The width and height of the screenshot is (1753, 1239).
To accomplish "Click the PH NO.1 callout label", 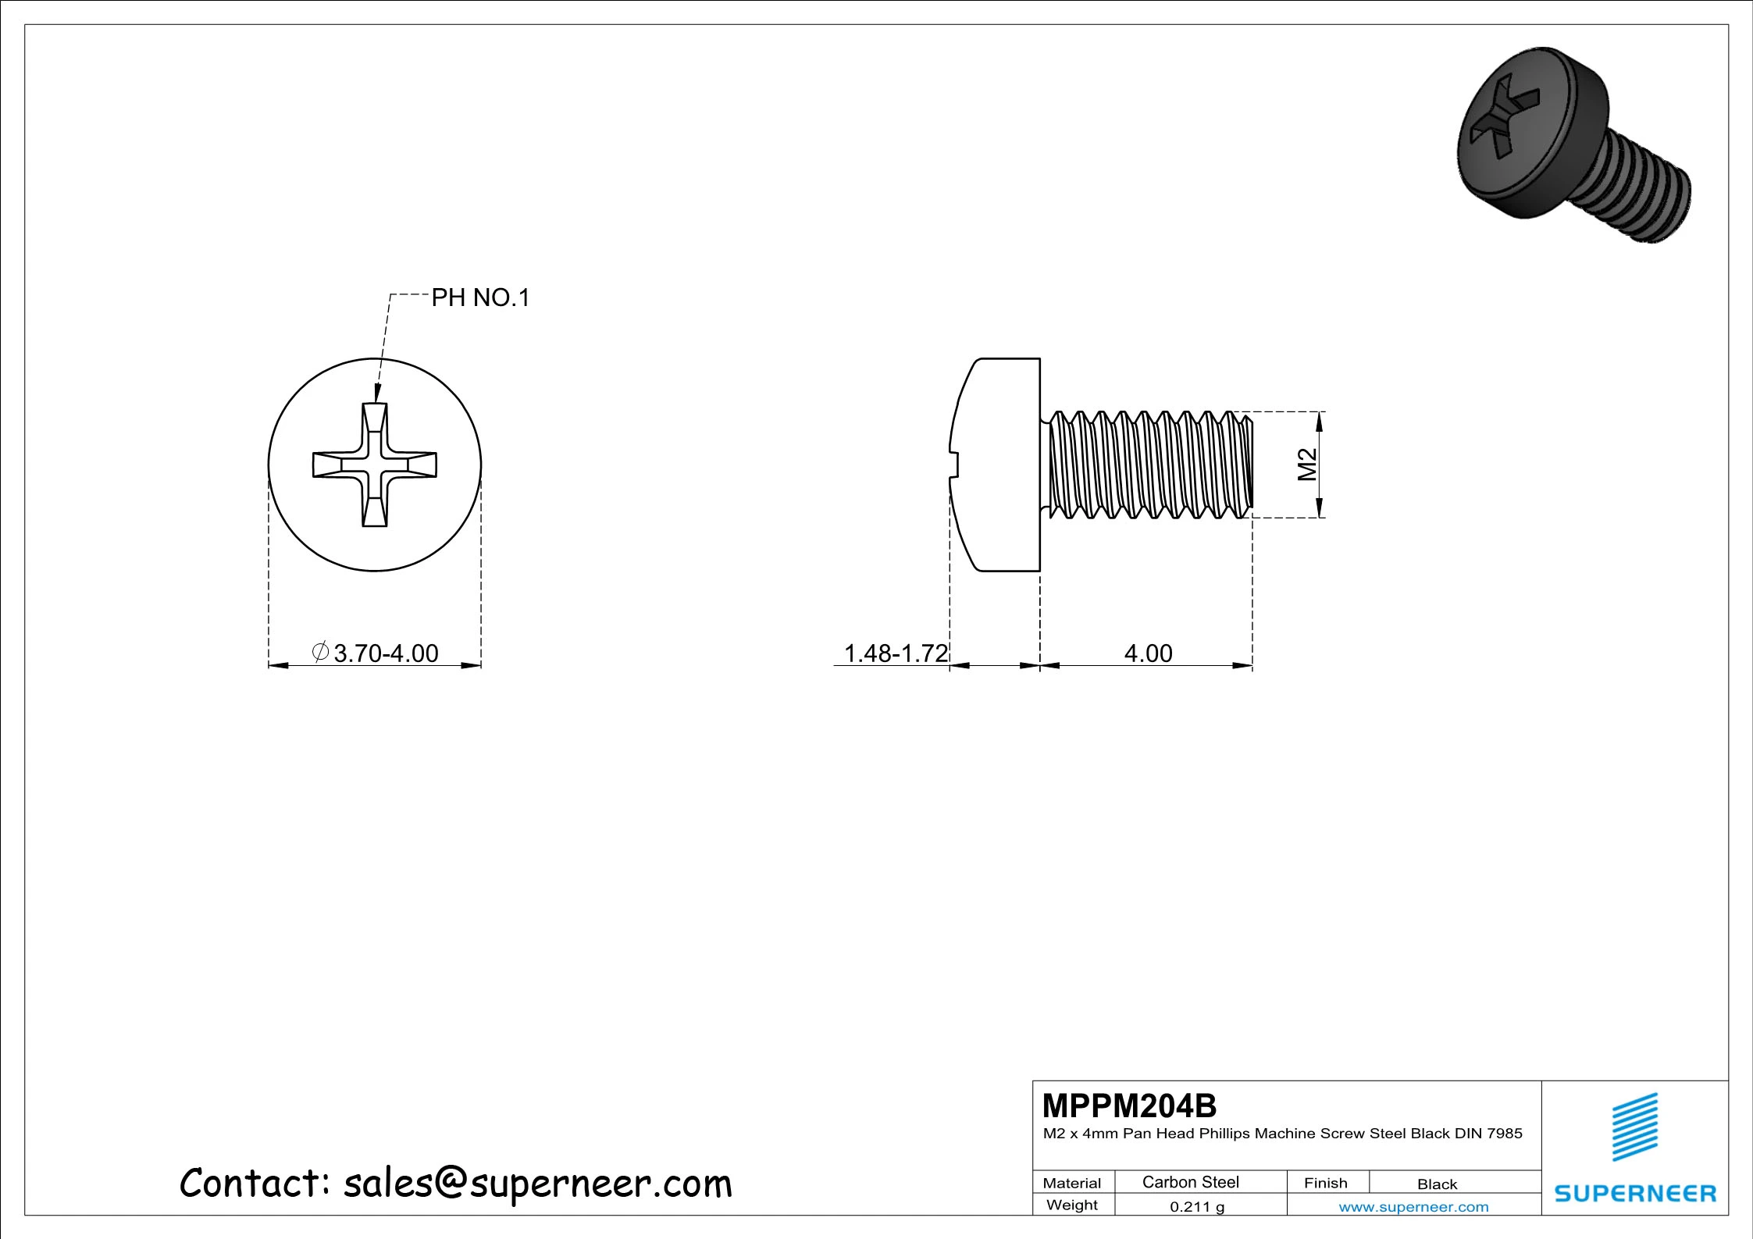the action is click(x=480, y=297).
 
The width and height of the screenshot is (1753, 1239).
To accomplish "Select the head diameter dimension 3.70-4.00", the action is click(x=386, y=653).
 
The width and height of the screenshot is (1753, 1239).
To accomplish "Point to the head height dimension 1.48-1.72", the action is click(x=896, y=653).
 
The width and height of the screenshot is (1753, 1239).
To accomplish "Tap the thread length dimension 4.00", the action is click(x=1148, y=653).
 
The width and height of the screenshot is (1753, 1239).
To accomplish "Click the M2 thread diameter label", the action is click(x=1307, y=465).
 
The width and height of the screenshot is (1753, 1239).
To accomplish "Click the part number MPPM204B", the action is click(x=1129, y=1105).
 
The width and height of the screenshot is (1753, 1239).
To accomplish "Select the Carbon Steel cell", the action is click(x=1191, y=1182).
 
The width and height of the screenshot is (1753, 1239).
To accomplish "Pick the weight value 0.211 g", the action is click(x=1197, y=1207).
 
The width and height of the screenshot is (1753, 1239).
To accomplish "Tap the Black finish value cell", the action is click(x=1437, y=1184).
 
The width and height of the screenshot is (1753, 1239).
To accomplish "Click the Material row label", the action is click(x=1072, y=1184).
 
